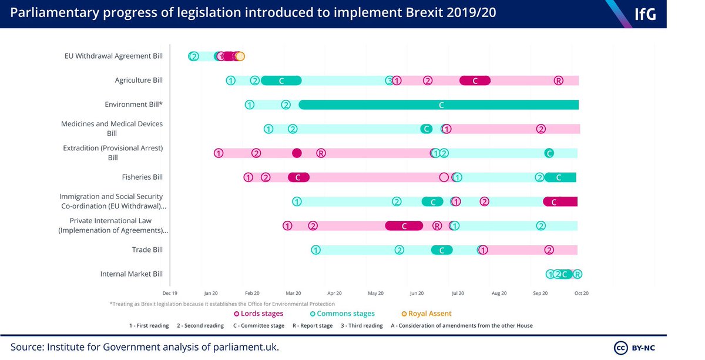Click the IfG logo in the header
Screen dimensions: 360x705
point(644,14)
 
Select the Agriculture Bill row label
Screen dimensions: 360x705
point(139,80)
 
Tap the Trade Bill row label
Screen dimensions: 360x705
point(147,250)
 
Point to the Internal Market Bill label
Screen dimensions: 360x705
point(131,274)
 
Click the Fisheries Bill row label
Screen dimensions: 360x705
point(142,177)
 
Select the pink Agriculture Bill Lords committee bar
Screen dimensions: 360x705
point(475,80)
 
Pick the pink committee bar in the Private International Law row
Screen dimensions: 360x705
point(404,226)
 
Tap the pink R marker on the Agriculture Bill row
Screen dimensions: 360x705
point(558,80)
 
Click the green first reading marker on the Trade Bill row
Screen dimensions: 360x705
point(315,250)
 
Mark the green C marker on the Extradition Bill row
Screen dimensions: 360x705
point(549,153)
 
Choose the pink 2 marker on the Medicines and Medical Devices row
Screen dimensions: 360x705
point(540,129)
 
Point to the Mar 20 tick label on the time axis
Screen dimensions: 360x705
point(293,292)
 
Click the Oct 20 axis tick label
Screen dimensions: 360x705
point(581,292)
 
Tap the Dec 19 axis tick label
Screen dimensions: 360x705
point(170,292)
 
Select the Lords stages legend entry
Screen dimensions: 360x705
point(258,314)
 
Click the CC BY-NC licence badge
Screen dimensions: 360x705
point(639,346)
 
